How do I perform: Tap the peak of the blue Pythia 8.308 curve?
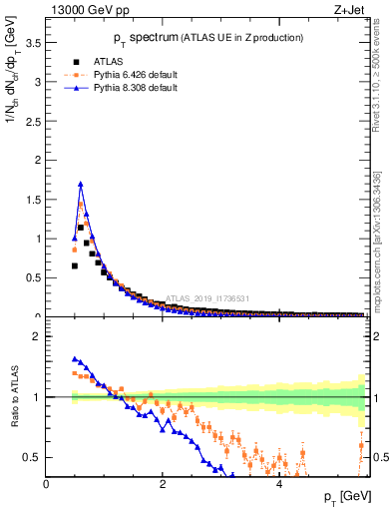tap(81, 184)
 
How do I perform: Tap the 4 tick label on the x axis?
tap(278, 484)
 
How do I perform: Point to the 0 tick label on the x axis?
tap(46, 484)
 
